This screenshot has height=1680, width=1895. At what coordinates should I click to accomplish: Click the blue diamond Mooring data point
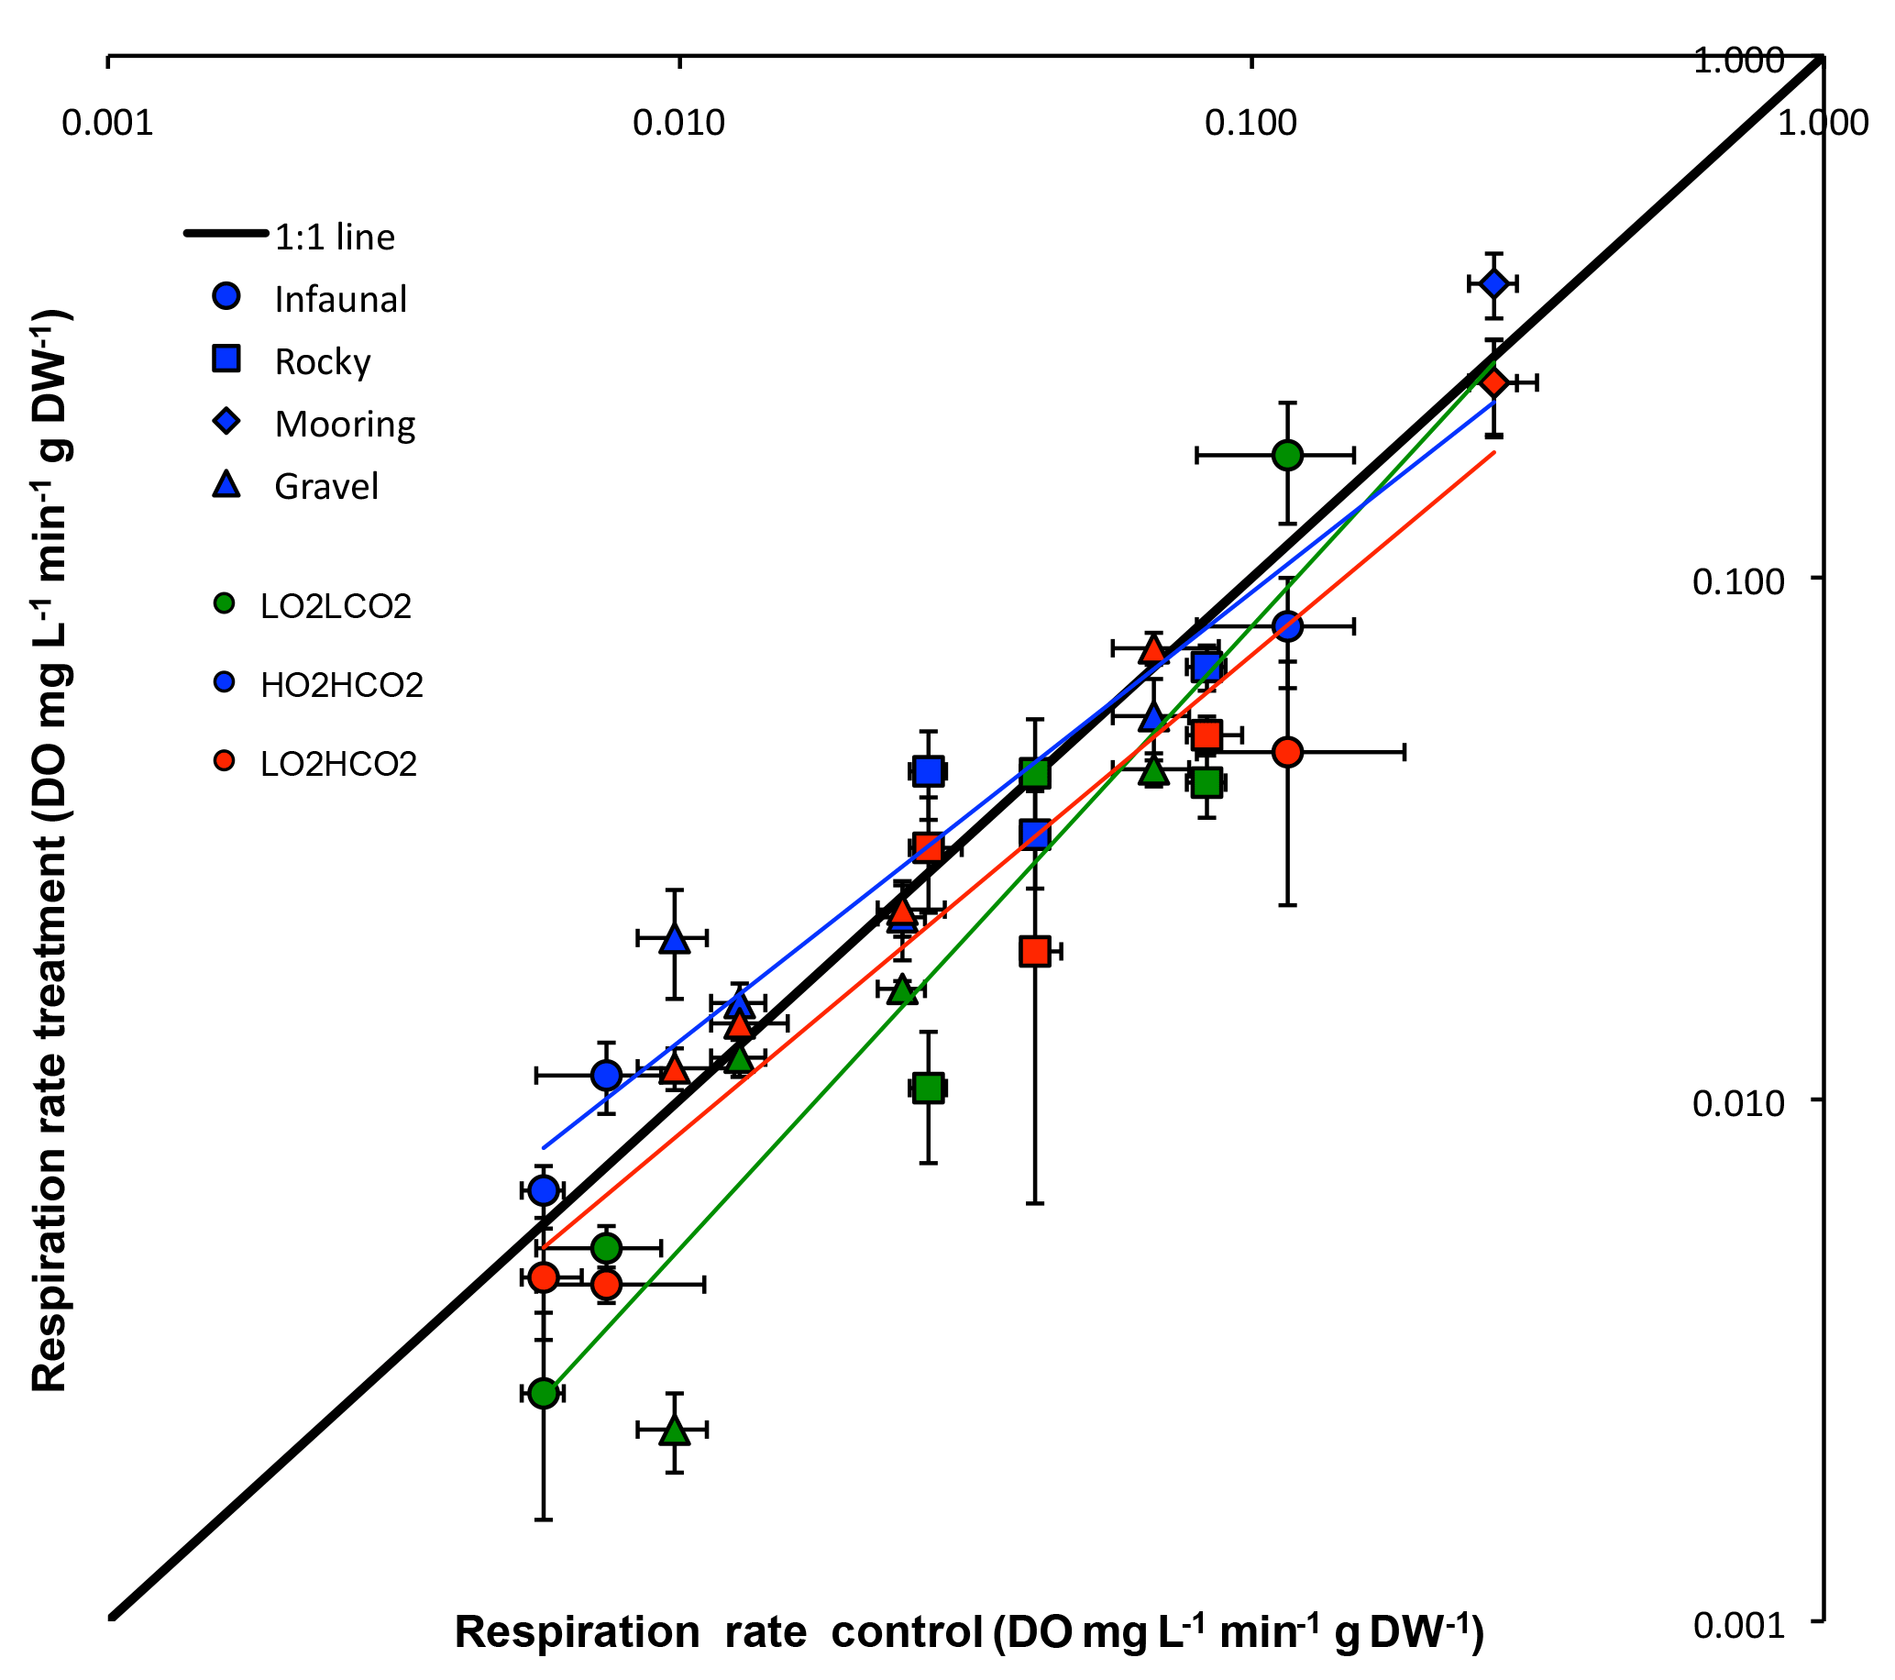[1493, 283]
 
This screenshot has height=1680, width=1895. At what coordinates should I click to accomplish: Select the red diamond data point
[1493, 382]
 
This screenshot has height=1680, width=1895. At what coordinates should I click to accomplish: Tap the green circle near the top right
[1287, 454]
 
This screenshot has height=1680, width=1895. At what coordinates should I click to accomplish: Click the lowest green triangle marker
[675, 1430]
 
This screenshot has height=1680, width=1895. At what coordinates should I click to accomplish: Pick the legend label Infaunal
[340, 300]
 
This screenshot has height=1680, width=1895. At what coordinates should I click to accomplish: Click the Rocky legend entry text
[323, 361]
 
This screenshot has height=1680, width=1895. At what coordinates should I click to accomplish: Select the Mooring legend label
[345, 424]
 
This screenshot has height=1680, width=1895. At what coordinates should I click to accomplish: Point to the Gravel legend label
[326, 486]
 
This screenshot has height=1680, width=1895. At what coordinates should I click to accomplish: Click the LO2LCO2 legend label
[336, 606]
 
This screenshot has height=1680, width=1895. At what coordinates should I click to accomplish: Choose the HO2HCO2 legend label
[342, 685]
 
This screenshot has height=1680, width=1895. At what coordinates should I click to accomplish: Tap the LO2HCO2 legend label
[338, 764]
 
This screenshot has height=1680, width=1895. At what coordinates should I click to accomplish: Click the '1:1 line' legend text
[335, 238]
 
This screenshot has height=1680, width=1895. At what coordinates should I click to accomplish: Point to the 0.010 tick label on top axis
[678, 121]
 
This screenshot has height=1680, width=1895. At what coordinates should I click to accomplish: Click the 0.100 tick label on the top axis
[1250, 121]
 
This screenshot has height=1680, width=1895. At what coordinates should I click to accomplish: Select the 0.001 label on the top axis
[107, 121]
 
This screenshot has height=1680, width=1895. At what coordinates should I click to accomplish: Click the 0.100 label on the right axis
[1738, 581]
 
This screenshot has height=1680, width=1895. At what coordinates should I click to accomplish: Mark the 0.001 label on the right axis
[1738, 1625]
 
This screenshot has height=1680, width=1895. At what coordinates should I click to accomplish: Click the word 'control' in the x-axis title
[906, 1631]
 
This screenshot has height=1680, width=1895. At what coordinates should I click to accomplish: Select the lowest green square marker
[928, 1088]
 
